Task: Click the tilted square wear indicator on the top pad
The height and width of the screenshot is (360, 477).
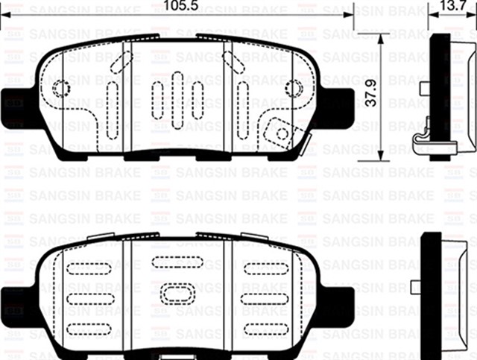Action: pyautogui.click(x=279, y=132)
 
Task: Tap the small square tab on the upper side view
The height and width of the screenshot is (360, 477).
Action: pyautogui.click(x=424, y=88)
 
